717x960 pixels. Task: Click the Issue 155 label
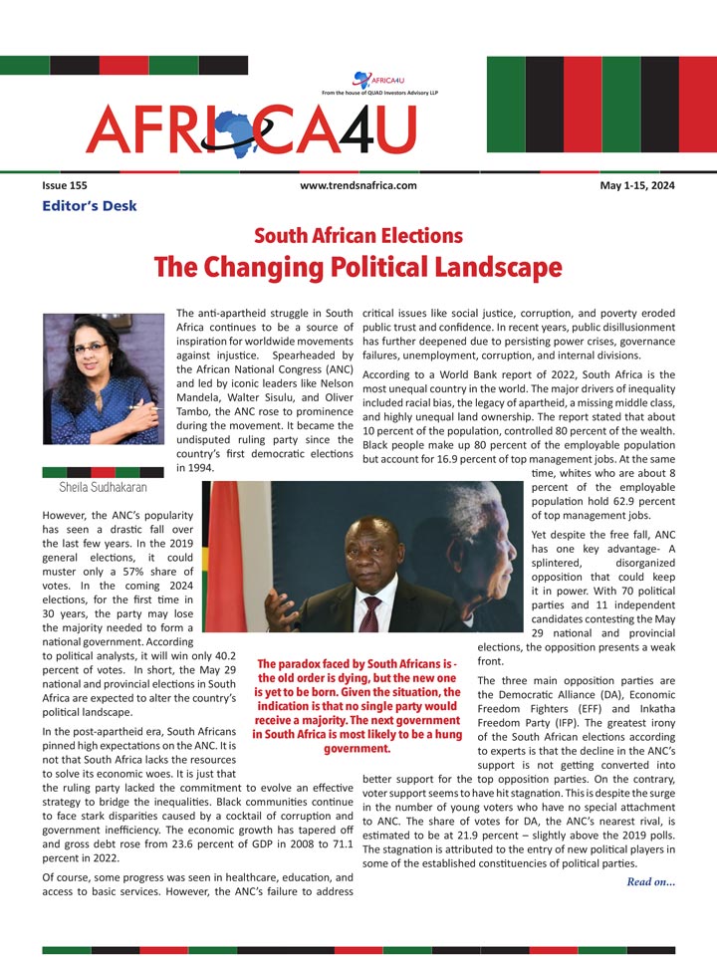pyautogui.click(x=64, y=185)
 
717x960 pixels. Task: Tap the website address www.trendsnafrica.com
pyautogui.click(x=358, y=185)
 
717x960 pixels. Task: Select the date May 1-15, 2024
pyautogui.click(x=637, y=185)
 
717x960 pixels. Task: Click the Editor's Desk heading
pyautogui.click(x=90, y=206)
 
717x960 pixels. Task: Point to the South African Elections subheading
pyautogui.click(x=358, y=236)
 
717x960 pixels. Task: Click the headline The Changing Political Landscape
pyautogui.click(x=358, y=267)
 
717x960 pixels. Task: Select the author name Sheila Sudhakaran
pyautogui.click(x=104, y=487)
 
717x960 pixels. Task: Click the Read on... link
pyautogui.click(x=651, y=881)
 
